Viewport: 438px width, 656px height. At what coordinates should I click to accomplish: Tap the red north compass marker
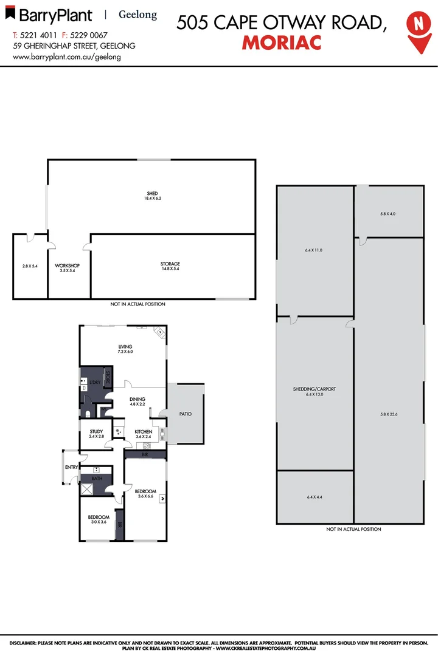tap(417, 27)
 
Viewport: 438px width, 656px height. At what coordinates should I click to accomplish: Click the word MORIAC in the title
tap(282, 43)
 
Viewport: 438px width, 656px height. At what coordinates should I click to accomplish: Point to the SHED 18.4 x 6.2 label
tap(151, 196)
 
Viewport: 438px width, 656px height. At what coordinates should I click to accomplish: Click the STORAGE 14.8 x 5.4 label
tap(170, 266)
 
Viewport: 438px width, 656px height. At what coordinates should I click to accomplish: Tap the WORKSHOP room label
tap(68, 268)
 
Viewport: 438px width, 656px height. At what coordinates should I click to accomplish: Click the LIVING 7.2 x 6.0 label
tap(125, 349)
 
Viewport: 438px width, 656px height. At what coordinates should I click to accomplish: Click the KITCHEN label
tap(144, 434)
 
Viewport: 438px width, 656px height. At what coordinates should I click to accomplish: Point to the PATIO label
tap(186, 414)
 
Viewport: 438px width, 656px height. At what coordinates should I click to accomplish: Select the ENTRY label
tap(71, 466)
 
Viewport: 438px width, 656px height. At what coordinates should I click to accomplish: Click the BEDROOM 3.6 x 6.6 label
tap(145, 494)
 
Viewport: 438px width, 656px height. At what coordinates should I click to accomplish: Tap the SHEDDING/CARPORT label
tap(315, 392)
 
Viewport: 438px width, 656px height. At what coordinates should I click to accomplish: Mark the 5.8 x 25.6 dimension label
tap(389, 414)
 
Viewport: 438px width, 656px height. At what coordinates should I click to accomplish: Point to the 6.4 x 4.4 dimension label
tap(315, 497)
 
